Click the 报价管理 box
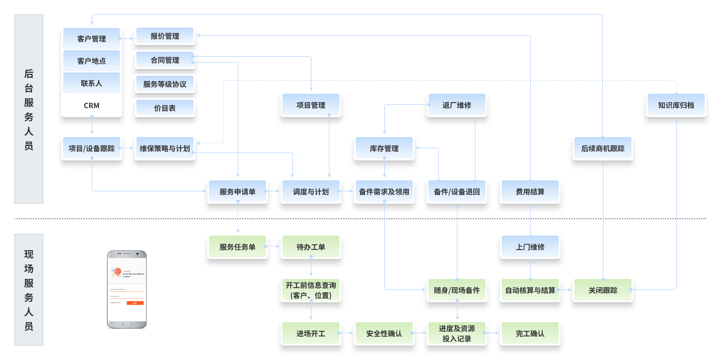tap(165, 36)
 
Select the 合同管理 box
tap(165, 60)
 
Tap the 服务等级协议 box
tap(165, 84)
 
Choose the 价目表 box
tap(165, 108)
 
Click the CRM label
tap(91, 105)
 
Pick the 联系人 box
tap(91, 83)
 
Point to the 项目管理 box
tap(311, 105)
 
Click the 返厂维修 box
tap(457, 105)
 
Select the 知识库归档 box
tap(676, 105)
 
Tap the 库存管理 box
tap(384, 148)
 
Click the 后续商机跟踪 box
tap(603, 148)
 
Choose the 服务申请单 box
tap(237, 191)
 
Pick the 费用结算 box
tap(530, 191)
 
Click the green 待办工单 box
tap(311, 247)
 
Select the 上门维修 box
tap(530, 247)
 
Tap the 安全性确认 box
tap(384, 333)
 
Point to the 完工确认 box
tap(530, 333)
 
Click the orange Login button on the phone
tap(135, 303)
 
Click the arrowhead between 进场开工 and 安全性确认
tap(351, 333)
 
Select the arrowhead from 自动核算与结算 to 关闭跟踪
tap(570, 290)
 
